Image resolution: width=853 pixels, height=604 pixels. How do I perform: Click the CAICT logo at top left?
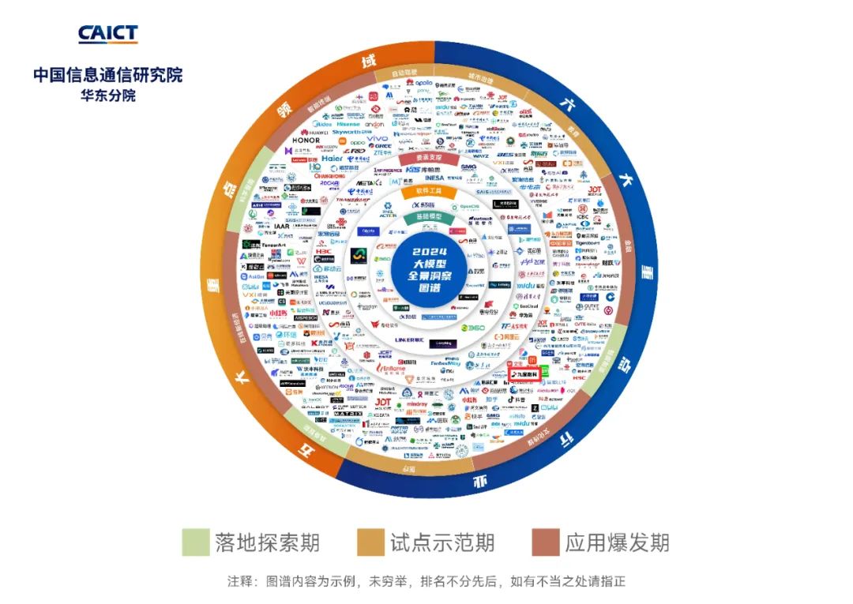click(x=107, y=33)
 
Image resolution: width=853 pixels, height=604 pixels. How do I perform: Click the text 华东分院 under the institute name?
click(x=108, y=96)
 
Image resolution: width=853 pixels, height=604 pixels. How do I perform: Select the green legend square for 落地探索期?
click(x=196, y=542)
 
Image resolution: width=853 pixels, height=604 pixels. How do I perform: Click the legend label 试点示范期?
click(x=442, y=542)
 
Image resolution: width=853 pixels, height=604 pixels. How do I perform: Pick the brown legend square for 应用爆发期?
click(x=546, y=542)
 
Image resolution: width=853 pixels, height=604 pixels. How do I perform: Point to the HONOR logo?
click(x=306, y=141)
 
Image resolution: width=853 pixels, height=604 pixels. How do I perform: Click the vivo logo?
click(x=379, y=139)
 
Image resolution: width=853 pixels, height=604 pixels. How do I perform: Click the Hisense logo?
click(x=348, y=124)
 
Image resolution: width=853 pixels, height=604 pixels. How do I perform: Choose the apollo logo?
click(x=423, y=83)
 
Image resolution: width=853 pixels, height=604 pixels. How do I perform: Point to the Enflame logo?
click(x=393, y=368)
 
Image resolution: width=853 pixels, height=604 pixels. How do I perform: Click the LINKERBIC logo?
click(x=410, y=340)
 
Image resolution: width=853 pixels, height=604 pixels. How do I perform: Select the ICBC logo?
click(x=583, y=216)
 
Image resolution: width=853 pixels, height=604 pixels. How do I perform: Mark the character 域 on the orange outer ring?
click(x=368, y=61)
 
